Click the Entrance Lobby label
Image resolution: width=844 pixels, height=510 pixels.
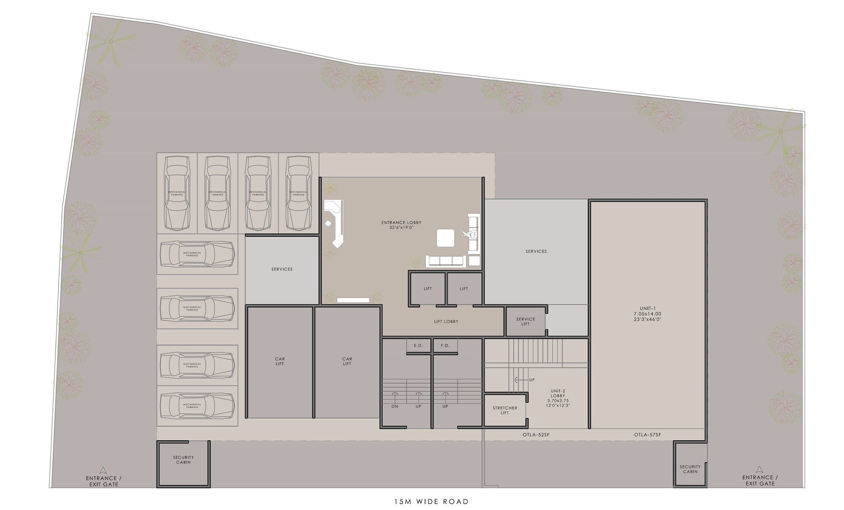point(401,225)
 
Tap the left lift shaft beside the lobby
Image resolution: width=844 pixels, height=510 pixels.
point(427,289)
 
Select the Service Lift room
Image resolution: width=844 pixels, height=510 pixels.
point(525,321)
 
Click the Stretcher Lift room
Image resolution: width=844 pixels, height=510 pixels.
point(505,410)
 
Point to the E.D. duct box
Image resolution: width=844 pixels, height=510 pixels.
point(418,345)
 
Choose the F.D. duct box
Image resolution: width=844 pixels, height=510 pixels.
point(445,345)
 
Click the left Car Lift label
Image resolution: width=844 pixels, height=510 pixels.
point(280,361)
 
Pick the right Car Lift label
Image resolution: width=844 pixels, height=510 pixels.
point(347,361)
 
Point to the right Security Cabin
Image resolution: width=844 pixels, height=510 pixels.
point(690,469)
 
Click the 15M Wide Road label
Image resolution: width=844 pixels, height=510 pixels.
point(431,502)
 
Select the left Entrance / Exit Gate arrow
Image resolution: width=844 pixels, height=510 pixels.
point(103,470)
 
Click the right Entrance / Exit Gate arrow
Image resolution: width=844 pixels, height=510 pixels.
point(759,469)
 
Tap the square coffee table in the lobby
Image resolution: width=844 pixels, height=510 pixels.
point(446,238)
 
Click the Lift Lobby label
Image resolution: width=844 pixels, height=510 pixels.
point(446,322)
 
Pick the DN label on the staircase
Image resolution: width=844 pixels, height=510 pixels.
point(395,406)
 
